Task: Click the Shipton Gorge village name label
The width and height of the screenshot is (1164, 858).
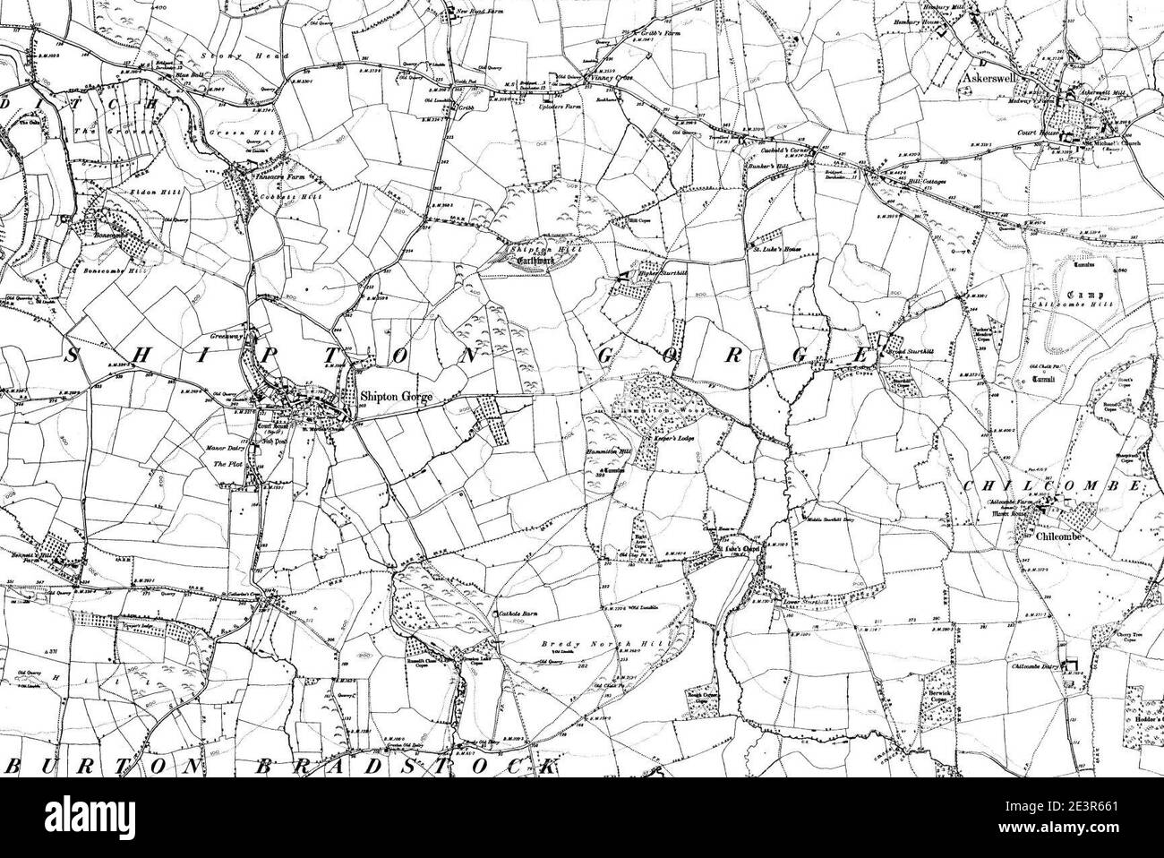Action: [x=397, y=394]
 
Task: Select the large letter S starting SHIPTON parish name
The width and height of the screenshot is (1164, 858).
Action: [x=72, y=355]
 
